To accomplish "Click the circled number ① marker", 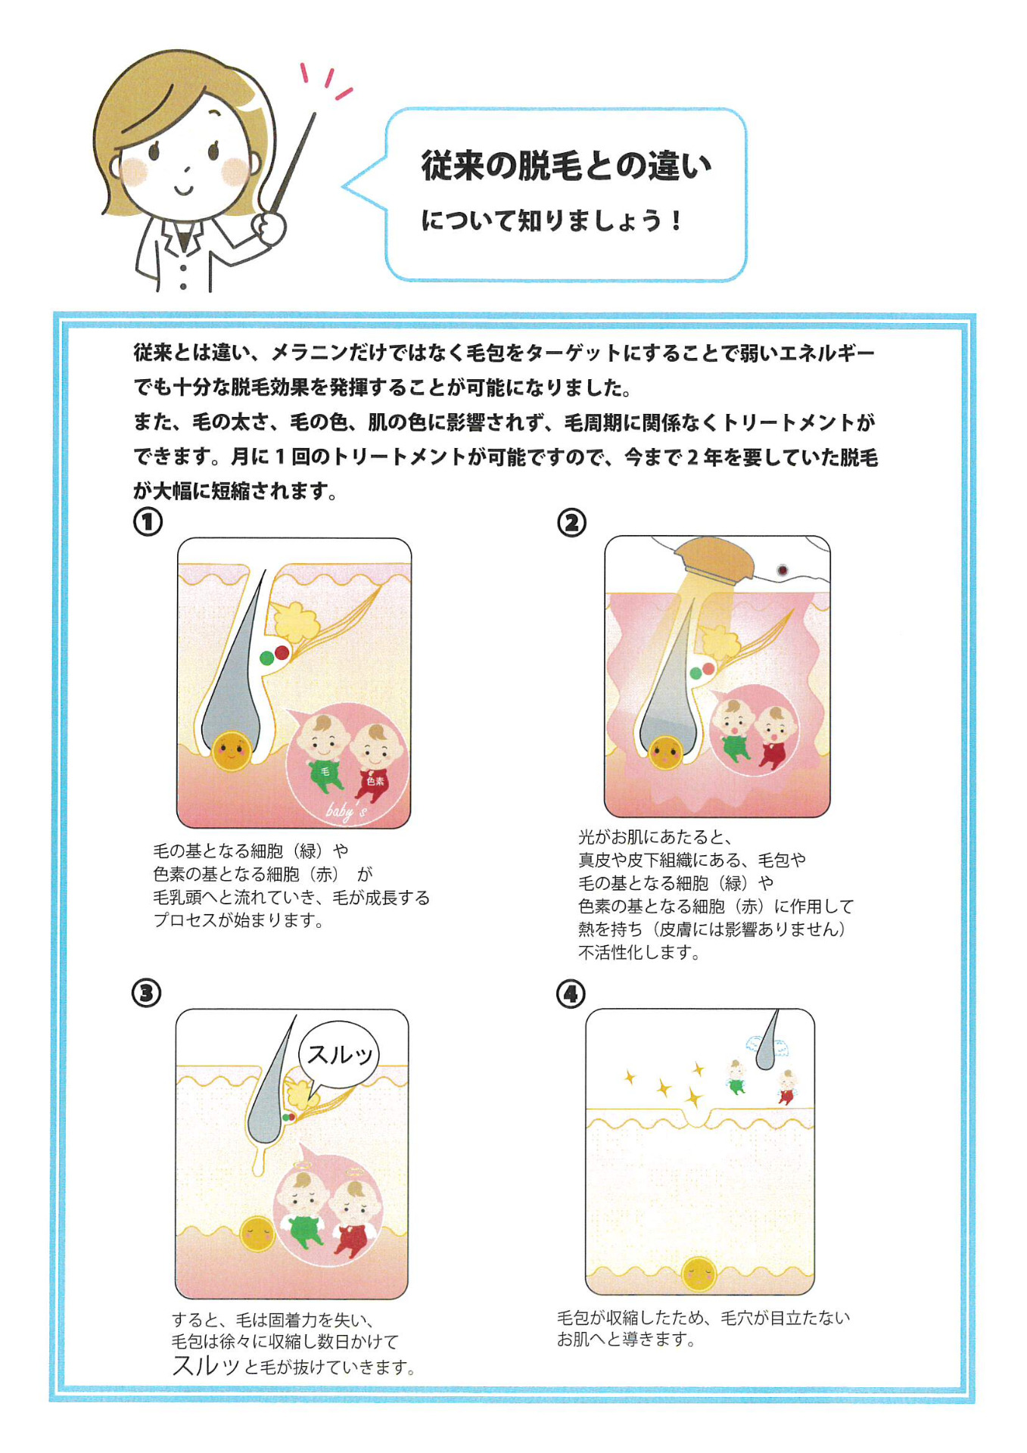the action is [x=148, y=521].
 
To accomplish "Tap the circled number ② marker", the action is [x=571, y=522].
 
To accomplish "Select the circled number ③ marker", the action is [x=147, y=992].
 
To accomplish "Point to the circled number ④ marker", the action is [x=571, y=993].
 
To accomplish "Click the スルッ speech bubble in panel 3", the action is [x=338, y=1054].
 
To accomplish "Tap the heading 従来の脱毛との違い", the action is [x=566, y=165].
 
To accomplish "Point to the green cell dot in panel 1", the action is [x=266, y=658].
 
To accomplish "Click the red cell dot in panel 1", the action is [x=282, y=652].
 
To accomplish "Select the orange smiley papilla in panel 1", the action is [x=231, y=751].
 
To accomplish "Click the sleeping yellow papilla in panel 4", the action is [x=699, y=1274].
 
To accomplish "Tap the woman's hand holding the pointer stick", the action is [x=269, y=227].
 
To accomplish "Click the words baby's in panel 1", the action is [x=347, y=811].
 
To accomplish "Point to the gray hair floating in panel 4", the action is [x=767, y=1040].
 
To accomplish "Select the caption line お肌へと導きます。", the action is [x=626, y=1339].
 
